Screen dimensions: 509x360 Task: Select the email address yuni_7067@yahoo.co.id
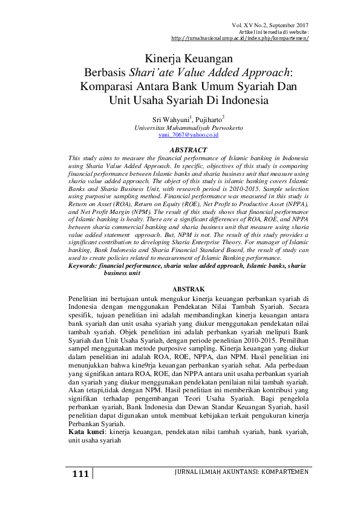[x=180, y=136]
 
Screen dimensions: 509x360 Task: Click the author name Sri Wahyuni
[x=170, y=120]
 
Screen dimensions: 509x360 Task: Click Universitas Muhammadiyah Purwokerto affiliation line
[x=180, y=128]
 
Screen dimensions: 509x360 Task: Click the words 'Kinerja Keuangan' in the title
[x=180, y=59]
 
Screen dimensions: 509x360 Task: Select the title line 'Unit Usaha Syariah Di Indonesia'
[x=180, y=100]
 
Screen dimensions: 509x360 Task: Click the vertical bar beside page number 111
[x=93, y=474]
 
